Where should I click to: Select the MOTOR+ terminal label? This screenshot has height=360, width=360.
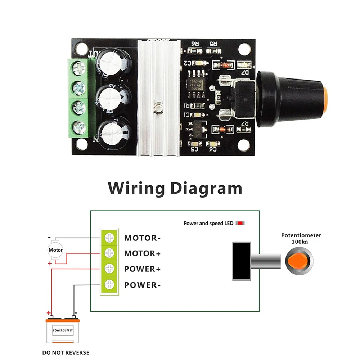142,253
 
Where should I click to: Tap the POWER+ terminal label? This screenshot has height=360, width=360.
142,269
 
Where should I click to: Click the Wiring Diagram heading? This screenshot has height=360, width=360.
175,188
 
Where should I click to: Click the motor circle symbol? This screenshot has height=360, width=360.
55,250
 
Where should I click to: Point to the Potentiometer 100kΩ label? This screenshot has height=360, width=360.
301,238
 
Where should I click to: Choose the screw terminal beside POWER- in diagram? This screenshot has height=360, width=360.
109,285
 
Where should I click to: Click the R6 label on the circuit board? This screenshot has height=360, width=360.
195,44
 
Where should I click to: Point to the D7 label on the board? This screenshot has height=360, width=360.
245,73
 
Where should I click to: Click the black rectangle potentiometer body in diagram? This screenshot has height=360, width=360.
241,261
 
